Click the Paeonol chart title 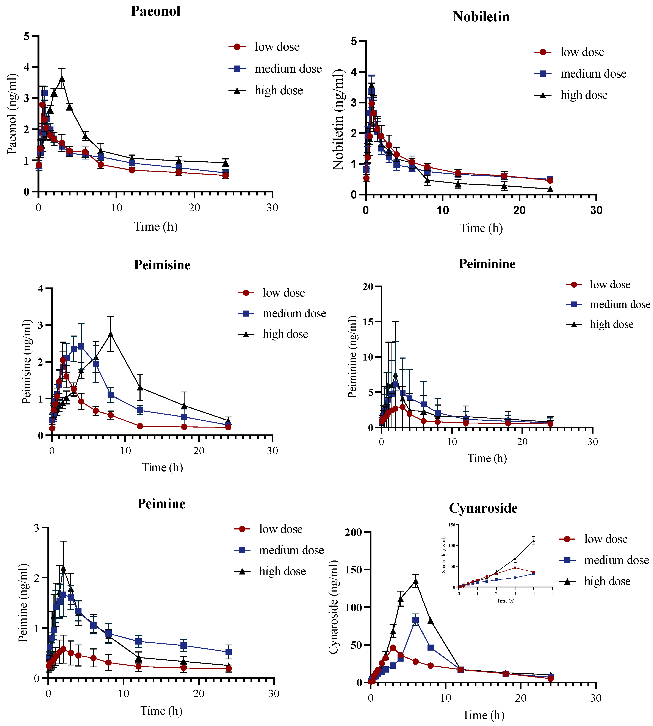[x=155, y=11]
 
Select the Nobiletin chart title [x=481, y=17]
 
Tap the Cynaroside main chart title [x=483, y=508]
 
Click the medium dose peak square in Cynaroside [x=415, y=620]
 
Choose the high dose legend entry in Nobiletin [x=571, y=95]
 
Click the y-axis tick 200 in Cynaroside [x=353, y=532]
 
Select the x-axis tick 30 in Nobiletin [x=596, y=211]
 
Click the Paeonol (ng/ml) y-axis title [x=12, y=114]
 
